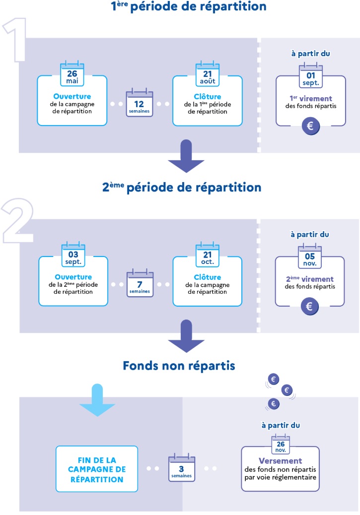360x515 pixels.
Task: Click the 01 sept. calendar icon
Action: (311, 77)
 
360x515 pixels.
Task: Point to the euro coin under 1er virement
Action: (310, 126)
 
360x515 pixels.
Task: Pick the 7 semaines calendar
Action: (140, 284)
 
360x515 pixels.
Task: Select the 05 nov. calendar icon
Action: (311, 257)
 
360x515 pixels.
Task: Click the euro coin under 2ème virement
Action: (310, 307)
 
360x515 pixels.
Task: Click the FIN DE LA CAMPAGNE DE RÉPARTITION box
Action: (97, 468)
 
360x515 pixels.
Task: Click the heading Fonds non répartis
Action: (179, 366)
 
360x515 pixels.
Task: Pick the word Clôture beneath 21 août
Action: (208, 97)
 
